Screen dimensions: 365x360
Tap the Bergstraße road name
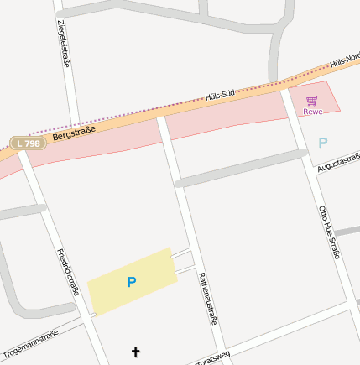[74, 131]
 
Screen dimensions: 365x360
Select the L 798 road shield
[28, 143]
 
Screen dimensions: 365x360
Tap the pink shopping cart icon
[312, 100]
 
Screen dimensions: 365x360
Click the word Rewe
[312, 111]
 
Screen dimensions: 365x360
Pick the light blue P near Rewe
[323, 143]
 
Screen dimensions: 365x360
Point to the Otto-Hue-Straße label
[328, 231]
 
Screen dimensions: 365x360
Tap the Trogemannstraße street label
[31, 343]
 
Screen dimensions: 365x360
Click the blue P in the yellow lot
[131, 283]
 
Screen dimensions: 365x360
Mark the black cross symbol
[136, 352]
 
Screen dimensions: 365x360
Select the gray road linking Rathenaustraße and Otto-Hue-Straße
[240, 168]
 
